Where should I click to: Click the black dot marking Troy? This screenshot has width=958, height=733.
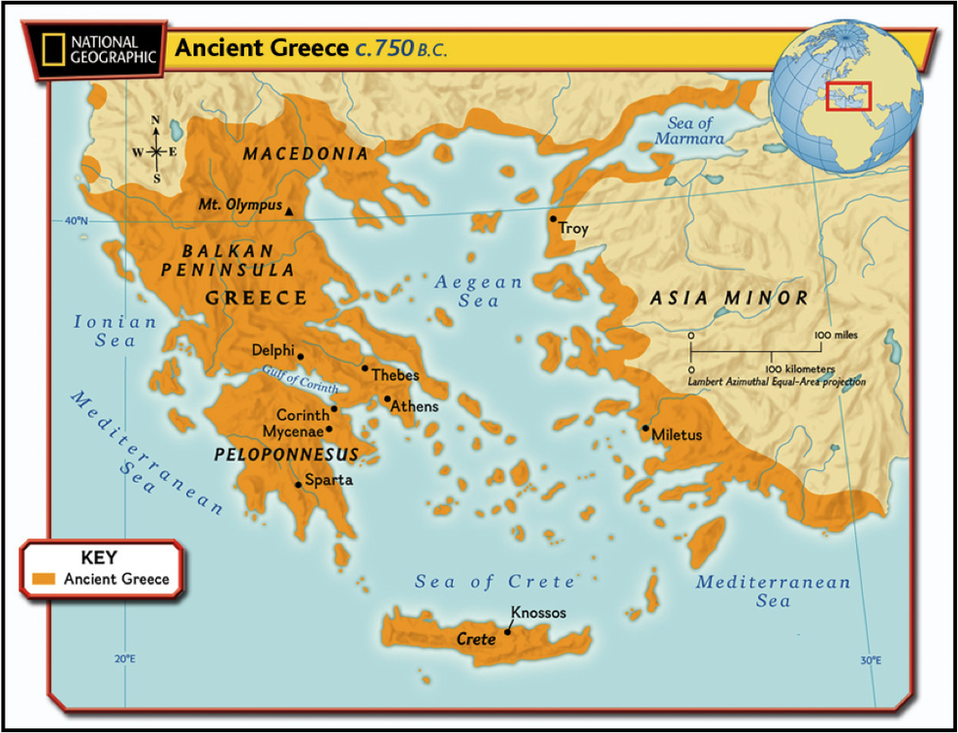pyautogui.click(x=553, y=219)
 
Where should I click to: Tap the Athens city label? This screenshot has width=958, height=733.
pyautogui.click(x=414, y=406)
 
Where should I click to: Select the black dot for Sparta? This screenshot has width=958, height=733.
pyautogui.click(x=298, y=485)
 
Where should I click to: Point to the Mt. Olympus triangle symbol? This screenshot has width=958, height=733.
pyautogui.click(x=290, y=212)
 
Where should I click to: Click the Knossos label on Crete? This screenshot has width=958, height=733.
pyautogui.click(x=538, y=612)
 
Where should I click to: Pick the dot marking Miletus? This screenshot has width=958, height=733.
pyautogui.click(x=645, y=428)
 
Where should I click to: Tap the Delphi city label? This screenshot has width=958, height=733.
pyautogui.click(x=272, y=350)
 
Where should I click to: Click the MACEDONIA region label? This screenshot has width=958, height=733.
pyautogui.click(x=305, y=154)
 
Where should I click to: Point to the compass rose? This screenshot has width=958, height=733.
pyautogui.click(x=156, y=150)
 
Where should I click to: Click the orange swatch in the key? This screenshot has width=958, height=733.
pyautogui.click(x=44, y=579)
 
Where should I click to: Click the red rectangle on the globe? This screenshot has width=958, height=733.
pyautogui.click(x=848, y=95)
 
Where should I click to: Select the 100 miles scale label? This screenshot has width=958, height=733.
pyautogui.click(x=835, y=335)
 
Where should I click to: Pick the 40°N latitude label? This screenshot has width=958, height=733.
pyautogui.click(x=77, y=220)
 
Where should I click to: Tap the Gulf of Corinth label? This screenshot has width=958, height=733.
pyautogui.click(x=299, y=379)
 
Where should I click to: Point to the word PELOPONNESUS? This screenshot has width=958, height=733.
pyautogui.click(x=286, y=454)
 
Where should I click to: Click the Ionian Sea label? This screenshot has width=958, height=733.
pyautogui.click(x=115, y=331)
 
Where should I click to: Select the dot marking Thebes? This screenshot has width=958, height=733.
pyautogui.click(x=365, y=368)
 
